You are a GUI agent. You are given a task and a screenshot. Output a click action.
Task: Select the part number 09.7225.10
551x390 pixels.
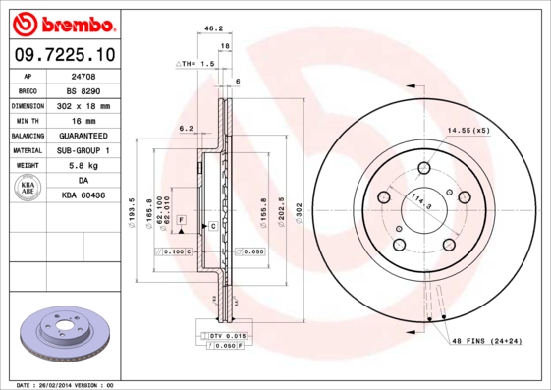tap(65, 53)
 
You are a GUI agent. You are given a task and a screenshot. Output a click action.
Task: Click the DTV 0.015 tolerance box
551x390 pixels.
tap(227, 337)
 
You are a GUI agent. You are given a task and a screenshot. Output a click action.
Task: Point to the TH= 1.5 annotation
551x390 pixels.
tap(194, 63)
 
